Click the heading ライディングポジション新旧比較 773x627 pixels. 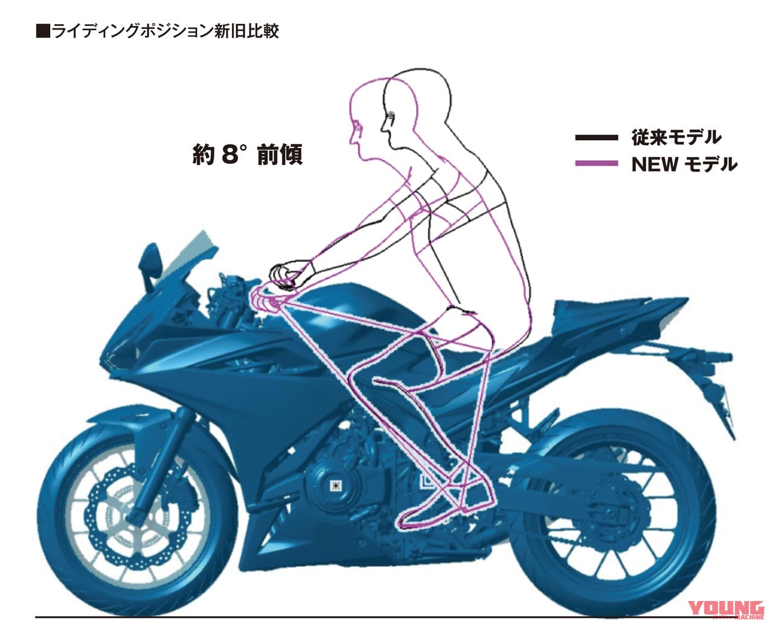158,31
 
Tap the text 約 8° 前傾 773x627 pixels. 247,155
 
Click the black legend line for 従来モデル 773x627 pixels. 595,138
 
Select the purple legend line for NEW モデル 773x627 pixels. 595,163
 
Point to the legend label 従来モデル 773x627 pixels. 676,138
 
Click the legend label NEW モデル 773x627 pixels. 684,164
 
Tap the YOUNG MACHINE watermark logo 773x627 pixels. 726,609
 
